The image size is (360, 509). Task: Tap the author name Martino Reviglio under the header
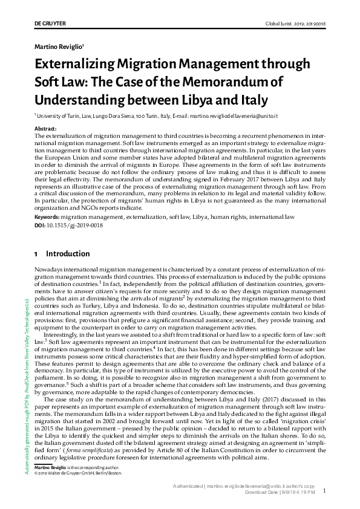tap(58, 46)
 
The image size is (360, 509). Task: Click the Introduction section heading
tap(68, 254)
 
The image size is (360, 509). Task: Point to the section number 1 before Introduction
tap(37, 254)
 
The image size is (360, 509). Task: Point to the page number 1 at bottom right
tap(325, 491)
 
